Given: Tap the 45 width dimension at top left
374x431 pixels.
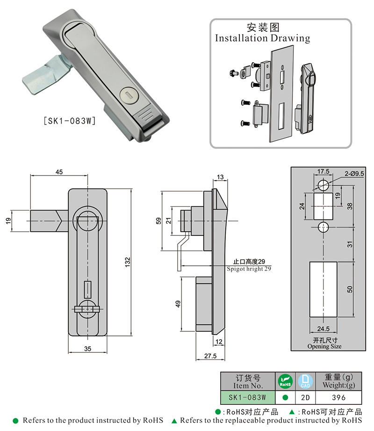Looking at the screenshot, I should [59, 172].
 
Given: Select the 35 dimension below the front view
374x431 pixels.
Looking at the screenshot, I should [87, 348].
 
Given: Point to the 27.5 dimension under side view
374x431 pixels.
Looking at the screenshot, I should [210, 356].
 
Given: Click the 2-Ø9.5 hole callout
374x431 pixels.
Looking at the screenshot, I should [354, 173].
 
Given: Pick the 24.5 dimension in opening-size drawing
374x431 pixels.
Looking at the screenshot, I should [323, 329].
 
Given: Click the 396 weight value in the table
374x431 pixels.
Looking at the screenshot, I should [338, 398].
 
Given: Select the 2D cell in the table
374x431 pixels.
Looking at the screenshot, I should [305, 398].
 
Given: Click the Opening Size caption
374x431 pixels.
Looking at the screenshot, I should [324, 346].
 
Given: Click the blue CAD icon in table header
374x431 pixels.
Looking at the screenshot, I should [304, 381].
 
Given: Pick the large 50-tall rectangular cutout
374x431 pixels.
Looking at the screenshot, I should [323, 290].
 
